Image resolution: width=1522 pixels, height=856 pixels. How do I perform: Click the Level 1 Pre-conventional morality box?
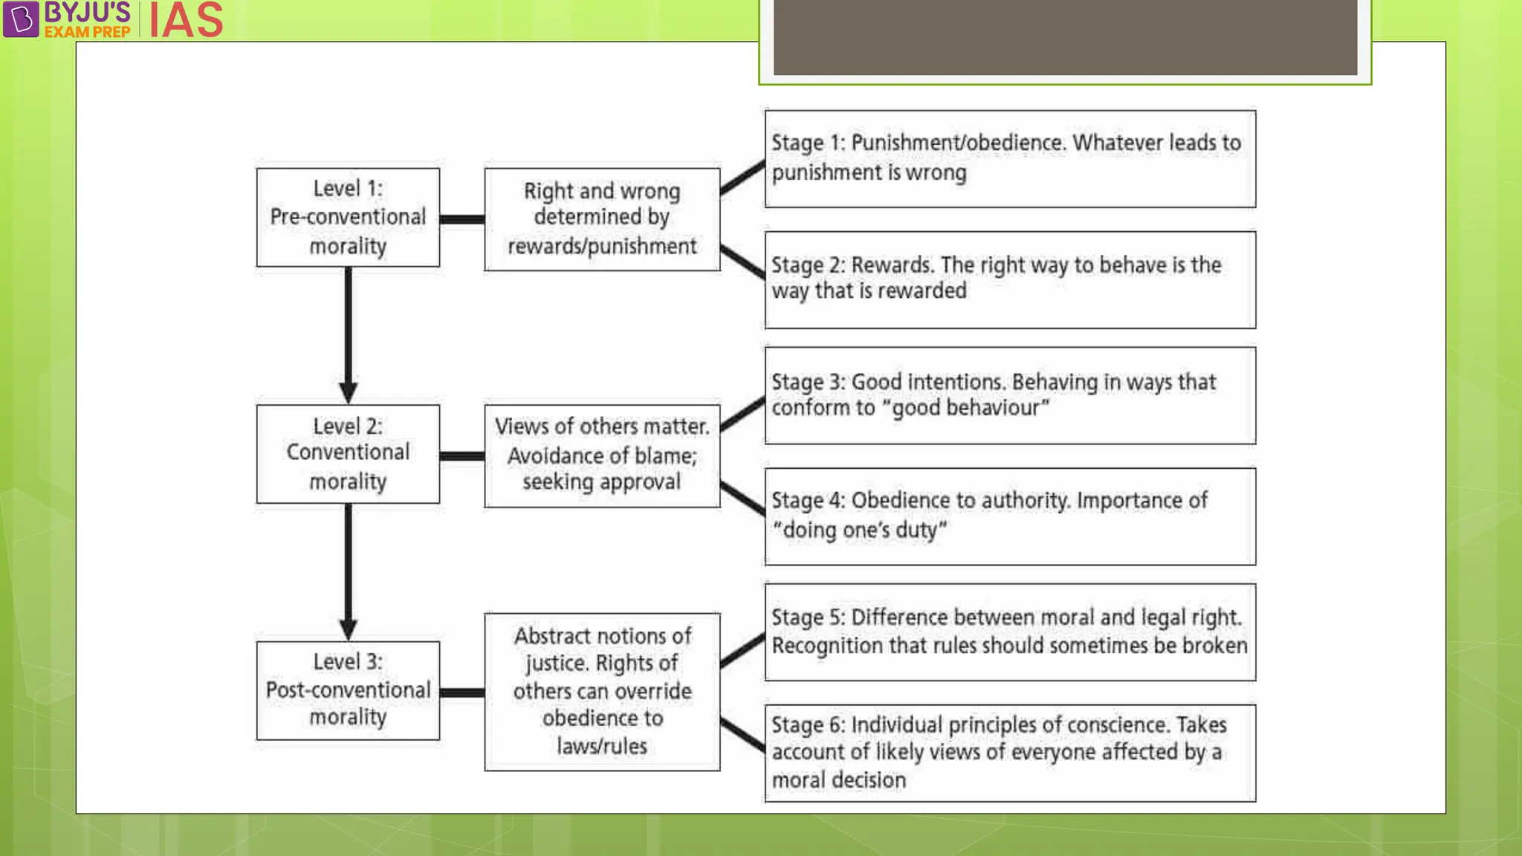pyautogui.click(x=348, y=217)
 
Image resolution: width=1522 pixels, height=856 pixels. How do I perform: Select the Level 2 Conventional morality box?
pyautogui.click(x=348, y=454)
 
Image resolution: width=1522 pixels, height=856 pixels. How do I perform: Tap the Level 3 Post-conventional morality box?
pyautogui.click(x=348, y=690)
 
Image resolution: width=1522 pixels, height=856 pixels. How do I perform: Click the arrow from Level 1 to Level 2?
pyautogui.click(x=348, y=334)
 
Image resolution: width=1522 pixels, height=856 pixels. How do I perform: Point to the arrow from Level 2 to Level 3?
pyautogui.click(x=348, y=571)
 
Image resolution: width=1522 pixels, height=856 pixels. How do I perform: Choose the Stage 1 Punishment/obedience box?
pyautogui.click(x=1010, y=158)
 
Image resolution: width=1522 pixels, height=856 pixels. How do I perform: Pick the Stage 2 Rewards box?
pyautogui.click(x=1010, y=279)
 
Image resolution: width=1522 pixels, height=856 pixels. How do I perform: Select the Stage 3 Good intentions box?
pyautogui.click(x=1010, y=395)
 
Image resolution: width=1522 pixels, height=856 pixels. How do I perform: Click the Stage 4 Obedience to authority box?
pyautogui.click(x=1010, y=516)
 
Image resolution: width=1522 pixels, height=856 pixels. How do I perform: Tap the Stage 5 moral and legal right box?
pyautogui.click(x=1010, y=632)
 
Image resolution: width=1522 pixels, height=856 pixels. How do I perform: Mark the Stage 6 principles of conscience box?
pyautogui.click(x=1010, y=753)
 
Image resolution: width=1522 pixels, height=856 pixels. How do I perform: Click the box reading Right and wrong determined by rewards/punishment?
pyautogui.click(x=602, y=219)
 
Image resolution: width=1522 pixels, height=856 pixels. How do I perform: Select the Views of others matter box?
pyautogui.click(x=602, y=455)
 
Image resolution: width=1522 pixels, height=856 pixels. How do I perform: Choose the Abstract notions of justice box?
pyautogui.click(x=602, y=692)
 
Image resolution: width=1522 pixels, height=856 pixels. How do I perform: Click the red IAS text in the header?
pyautogui.click(x=186, y=20)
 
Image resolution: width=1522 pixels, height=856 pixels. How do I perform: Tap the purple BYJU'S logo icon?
pyautogui.click(x=21, y=19)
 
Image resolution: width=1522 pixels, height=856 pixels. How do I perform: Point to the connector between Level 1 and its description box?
pyautogui.click(x=462, y=219)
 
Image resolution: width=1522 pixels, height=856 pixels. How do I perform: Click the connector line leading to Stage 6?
pyautogui.click(x=742, y=734)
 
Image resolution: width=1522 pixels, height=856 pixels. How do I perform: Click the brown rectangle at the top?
pyautogui.click(x=1065, y=36)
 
